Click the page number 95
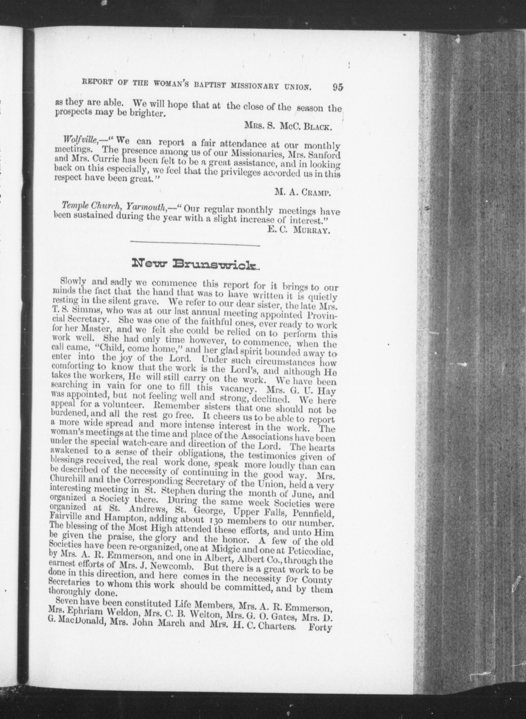(337, 87)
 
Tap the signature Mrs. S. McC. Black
(289, 126)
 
